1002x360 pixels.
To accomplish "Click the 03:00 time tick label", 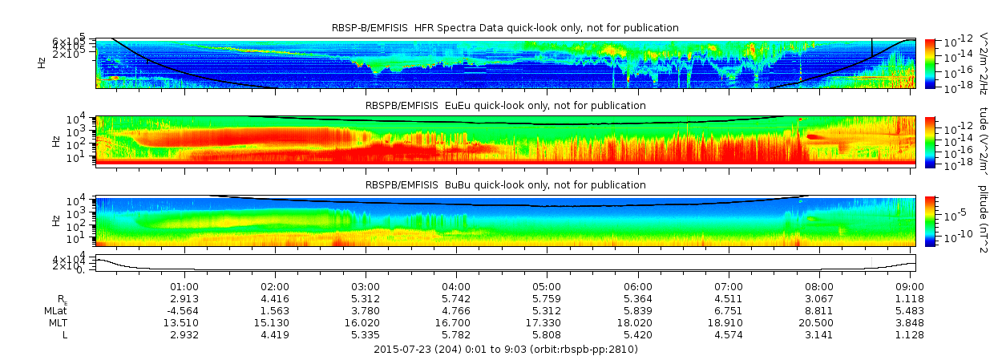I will (366, 286).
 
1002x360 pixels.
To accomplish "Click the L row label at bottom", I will (65, 334).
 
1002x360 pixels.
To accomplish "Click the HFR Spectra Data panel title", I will (505, 28).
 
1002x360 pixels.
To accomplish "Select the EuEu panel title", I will (505, 105).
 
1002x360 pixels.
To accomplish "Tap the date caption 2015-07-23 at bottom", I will (506, 350).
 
